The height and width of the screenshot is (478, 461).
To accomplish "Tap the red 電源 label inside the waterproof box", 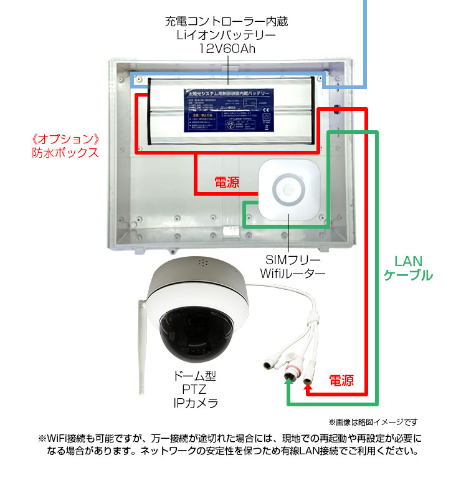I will click(x=227, y=183).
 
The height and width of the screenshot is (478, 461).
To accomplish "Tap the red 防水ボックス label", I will click(x=65, y=151).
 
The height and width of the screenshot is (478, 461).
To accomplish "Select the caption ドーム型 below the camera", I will click(x=195, y=376).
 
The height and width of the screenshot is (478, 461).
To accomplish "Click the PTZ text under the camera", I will click(x=194, y=390).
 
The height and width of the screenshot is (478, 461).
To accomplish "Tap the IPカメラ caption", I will click(x=195, y=403).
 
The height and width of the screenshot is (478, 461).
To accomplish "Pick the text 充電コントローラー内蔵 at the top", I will click(x=227, y=21).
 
